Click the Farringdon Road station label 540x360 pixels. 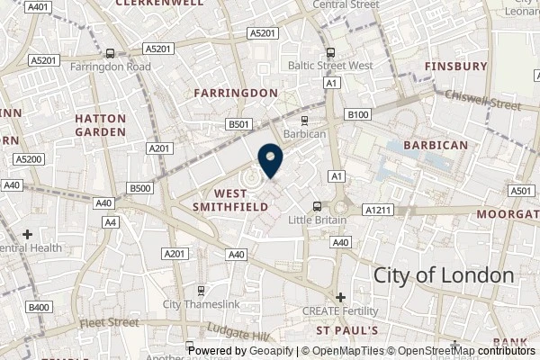click(x=109, y=66)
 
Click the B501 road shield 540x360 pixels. click(x=238, y=124)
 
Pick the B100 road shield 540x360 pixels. click(x=358, y=115)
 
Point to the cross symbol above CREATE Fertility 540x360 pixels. click(x=340, y=297)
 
